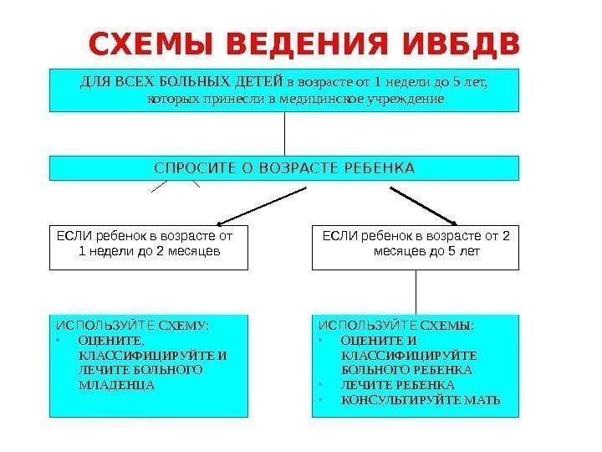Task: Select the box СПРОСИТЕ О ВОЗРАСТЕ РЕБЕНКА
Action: click(x=284, y=167)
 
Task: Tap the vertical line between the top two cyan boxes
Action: click(x=285, y=133)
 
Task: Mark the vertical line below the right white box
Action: click(x=416, y=292)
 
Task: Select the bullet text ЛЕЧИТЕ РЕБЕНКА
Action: click(x=398, y=385)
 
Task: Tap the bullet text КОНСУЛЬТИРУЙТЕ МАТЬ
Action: click(x=421, y=400)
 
